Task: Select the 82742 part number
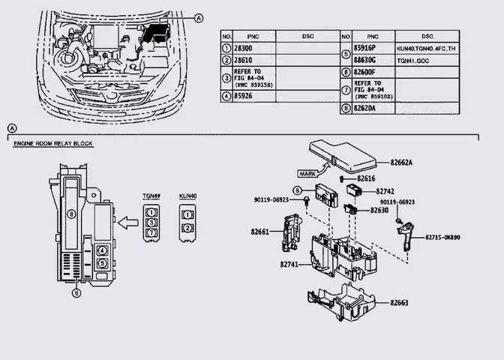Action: click(385, 191)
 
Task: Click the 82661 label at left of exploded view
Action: click(259, 232)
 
